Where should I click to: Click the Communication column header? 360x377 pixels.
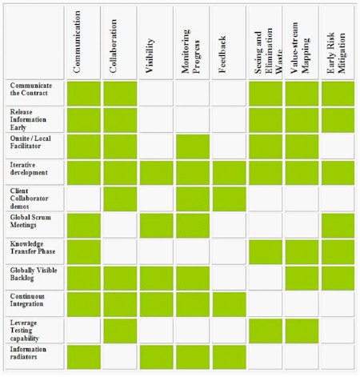click(x=77, y=42)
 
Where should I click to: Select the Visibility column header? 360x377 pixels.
click(x=150, y=55)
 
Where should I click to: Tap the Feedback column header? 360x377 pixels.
click(x=222, y=54)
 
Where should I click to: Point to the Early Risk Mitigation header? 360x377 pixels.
click(x=336, y=53)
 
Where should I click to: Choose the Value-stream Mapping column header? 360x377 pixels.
click(x=299, y=47)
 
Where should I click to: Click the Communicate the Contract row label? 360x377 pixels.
click(x=31, y=89)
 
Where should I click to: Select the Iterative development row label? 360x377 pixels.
click(x=29, y=169)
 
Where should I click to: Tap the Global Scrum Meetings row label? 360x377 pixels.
click(x=30, y=221)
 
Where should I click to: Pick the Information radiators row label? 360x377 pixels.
click(x=28, y=353)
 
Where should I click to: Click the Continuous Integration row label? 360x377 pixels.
click(x=27, y=300)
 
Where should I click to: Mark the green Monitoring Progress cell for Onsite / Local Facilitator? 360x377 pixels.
click(x=193, y=146)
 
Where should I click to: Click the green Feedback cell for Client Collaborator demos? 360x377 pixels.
click(x=229, y=199)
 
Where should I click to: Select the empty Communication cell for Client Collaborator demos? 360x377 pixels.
click(x=83, y=199)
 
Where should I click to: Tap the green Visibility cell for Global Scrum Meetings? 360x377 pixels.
click(x=156, y=226)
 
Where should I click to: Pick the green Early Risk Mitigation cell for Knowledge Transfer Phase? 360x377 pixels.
click(x=338, y=252)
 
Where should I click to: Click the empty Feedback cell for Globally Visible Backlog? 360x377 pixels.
click(x=229, y=278)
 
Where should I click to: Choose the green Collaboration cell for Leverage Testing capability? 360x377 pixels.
click(x=120, y=331)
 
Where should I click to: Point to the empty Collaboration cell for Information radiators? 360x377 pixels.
click(x=120, y=357)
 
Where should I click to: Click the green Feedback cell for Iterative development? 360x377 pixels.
click(x=229, y=173)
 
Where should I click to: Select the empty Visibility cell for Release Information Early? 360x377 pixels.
click(x=156, y=120)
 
